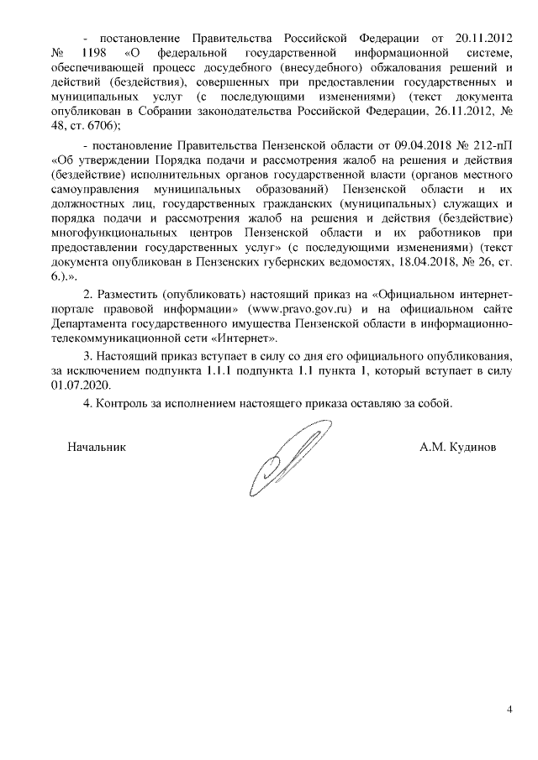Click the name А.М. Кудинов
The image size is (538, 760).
click(x=458, y=447)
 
